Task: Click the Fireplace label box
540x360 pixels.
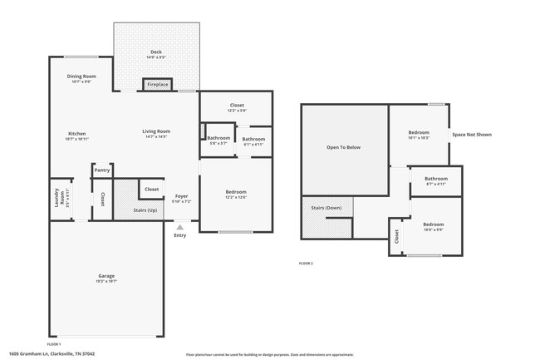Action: coord(157,85)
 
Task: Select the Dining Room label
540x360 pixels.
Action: coord(81,78)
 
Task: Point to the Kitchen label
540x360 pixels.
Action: coord(77,136)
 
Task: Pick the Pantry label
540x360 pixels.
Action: coord(102,170)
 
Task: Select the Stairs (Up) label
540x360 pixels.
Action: coord(145,211)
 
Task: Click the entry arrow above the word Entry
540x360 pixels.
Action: coord(179,225)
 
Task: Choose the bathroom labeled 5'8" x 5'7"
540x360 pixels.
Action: coord(218,140)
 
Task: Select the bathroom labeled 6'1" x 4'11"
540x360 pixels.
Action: coord(253,141)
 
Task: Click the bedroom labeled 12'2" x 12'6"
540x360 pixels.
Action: coord(236,194)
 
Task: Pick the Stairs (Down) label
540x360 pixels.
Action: coord(326,208)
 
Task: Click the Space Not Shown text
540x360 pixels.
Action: coord(471,134)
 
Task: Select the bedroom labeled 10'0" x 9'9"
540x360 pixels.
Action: coord(433,227)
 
